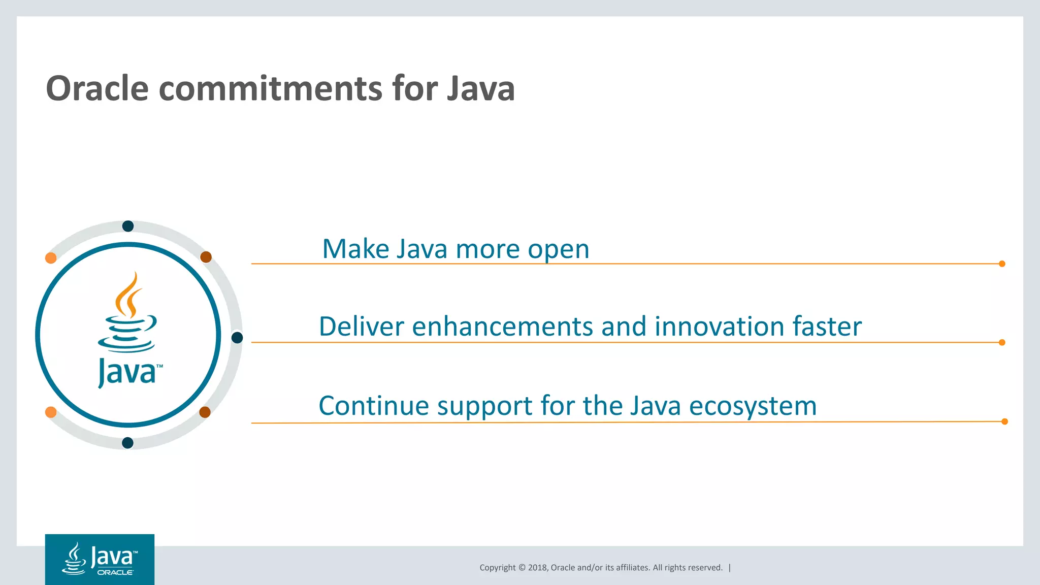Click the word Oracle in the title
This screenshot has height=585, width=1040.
coord(97,89)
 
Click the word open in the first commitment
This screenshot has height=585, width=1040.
coord(558,250)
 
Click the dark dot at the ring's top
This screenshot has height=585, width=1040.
coord(128,226)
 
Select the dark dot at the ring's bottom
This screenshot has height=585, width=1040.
coord(128,443)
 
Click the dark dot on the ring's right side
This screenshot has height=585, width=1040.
coord(237,338)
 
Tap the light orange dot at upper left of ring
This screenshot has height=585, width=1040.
coord(51,258)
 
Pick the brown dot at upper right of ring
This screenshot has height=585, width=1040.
coord(206,257)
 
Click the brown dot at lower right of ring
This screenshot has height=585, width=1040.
coord(205,412)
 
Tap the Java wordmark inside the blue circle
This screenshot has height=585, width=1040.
coord(128,372)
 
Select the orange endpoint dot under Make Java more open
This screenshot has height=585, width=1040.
coord(1002,264)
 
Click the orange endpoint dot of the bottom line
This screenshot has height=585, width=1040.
coord(1004,421)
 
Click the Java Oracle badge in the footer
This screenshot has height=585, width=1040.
coord(100,559)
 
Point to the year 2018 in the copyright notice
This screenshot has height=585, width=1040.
coord(537,568)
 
